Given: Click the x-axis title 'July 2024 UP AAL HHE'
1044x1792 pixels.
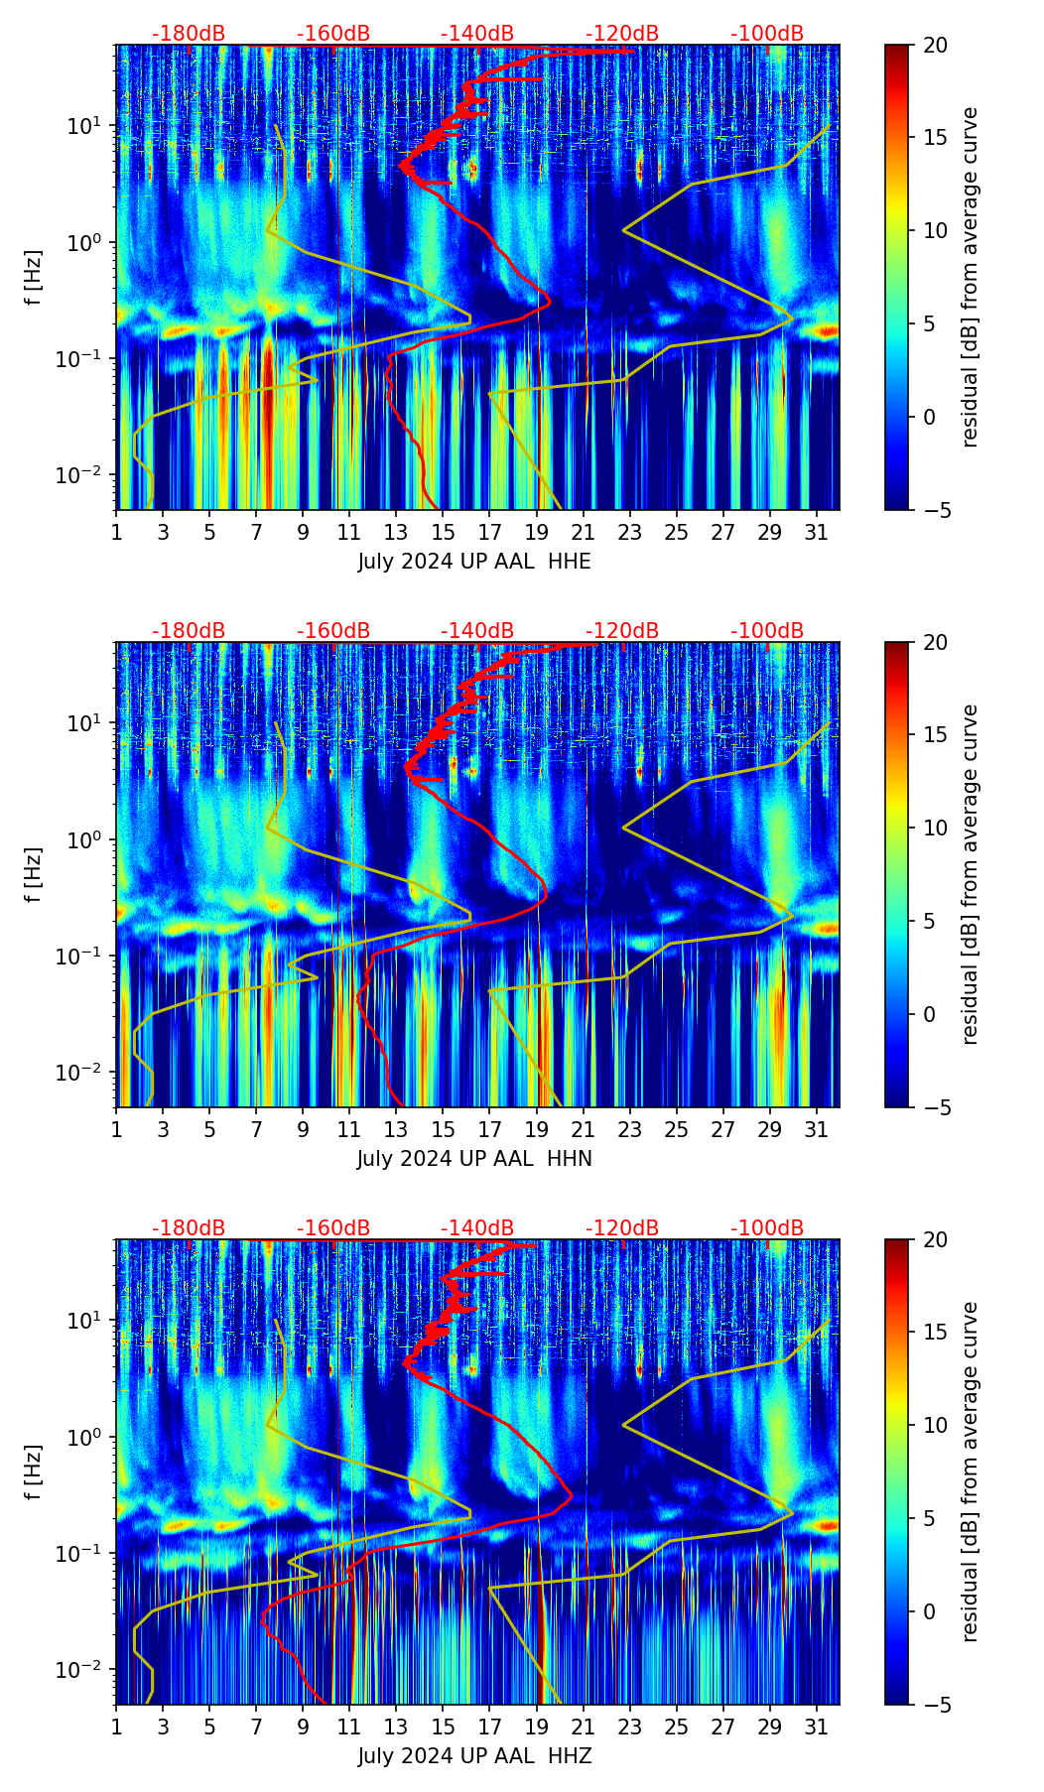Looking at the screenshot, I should tap(474, 562).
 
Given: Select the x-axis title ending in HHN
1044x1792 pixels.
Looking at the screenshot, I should tap(474, 1159).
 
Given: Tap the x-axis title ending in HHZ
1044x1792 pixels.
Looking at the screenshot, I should tap(474, 1756).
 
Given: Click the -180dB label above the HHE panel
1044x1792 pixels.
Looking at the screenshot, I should tap(189, 34).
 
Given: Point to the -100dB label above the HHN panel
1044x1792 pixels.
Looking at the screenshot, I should tap(767, 631).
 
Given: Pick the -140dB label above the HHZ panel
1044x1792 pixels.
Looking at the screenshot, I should tap(477, 1228).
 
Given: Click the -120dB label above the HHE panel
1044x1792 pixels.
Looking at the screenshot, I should tap(622, 34).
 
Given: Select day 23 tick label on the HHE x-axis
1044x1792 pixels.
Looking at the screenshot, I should tap(629, 532).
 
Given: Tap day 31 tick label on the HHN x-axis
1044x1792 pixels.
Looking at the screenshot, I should tap(816, 1129).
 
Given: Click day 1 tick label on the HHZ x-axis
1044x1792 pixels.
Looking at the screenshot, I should tap(117, 1727).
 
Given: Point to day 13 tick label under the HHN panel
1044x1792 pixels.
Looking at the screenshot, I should tap(396, 1129).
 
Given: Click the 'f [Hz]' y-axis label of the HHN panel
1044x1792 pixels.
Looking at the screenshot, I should tap(34, 874).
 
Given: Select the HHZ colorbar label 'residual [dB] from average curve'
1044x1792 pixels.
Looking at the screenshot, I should tap(971, 1472).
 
